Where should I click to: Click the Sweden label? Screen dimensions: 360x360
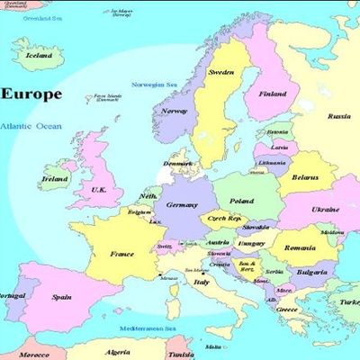(221, 72)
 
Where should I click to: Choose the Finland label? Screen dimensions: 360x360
(273, 94)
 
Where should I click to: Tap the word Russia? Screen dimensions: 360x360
(338, 116)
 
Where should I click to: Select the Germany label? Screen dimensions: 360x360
(182, 204)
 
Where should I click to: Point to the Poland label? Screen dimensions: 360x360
(240, 202)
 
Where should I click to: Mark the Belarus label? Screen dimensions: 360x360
(305, 178)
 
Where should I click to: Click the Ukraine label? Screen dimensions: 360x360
(325, 209)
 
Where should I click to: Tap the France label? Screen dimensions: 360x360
(121, 254)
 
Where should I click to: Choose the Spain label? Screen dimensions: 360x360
(62, 296)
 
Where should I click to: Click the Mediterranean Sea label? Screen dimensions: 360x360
(146, 329)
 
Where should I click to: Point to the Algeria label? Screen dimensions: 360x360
(119, 352)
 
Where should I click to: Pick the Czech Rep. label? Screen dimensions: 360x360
(223, 219)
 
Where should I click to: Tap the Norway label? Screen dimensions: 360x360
(175, 112)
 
